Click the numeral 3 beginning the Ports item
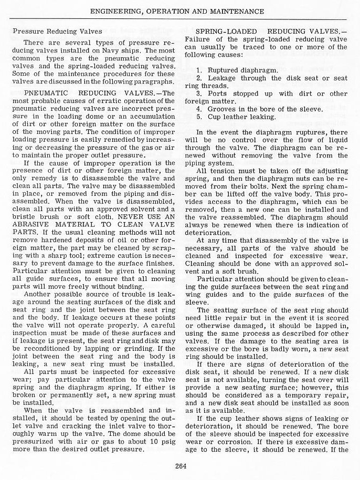[x=199, y=93]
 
